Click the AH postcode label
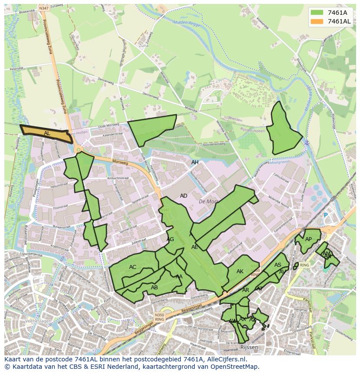coord(195,162)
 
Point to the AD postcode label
coord(183,196)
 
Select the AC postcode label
coord(133,267)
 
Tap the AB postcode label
coord(154,287)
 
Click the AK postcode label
coord(240,271)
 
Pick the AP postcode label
coord(308,239)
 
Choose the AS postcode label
coord(278,265)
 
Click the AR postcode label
coord(246,290)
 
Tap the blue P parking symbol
coord(325,215)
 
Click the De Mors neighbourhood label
coord(207,202)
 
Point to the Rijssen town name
coord(249,347)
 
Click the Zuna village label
coord(143,45)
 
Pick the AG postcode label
coord(170,239)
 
